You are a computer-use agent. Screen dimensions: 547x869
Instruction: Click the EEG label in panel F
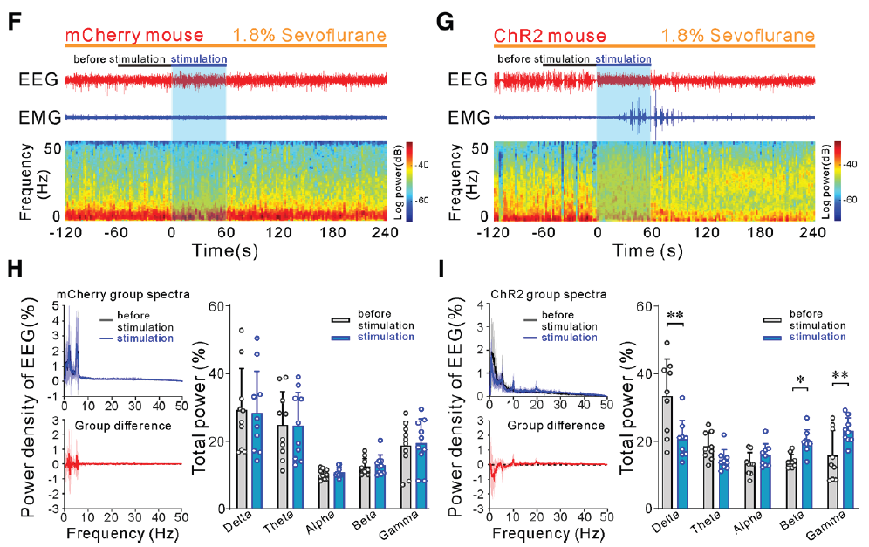click(x=38, y=81)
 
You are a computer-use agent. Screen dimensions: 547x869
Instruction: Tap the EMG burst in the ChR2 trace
click(x=637, y=116)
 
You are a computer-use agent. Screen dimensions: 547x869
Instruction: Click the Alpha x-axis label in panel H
click(x=318, y=523)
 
